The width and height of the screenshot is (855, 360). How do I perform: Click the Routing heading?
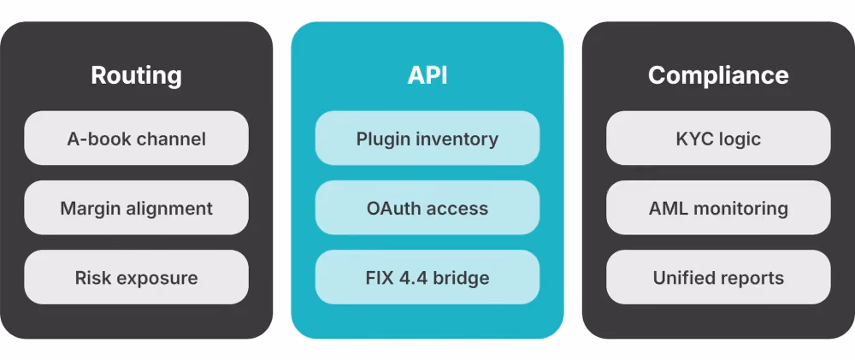coord(136,75)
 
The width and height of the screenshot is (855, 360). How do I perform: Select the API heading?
coord(427,75)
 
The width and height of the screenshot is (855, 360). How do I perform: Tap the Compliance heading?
coord(718,75)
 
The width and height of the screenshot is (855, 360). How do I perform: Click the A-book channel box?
coord(136,139)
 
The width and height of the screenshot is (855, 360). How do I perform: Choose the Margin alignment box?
coord(136,208)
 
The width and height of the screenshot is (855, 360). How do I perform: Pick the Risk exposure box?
coord(136,278)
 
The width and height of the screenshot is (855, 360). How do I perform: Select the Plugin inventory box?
coord(427,139)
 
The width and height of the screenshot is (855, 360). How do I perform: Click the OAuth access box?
coord(427,208)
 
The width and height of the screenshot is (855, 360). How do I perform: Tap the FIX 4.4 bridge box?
coord(427,278)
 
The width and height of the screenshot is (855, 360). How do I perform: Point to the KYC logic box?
coord(719,139)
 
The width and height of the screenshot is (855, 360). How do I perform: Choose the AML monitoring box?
coord(719,208)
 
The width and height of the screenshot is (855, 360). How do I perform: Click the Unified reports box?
coord(719,278)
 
